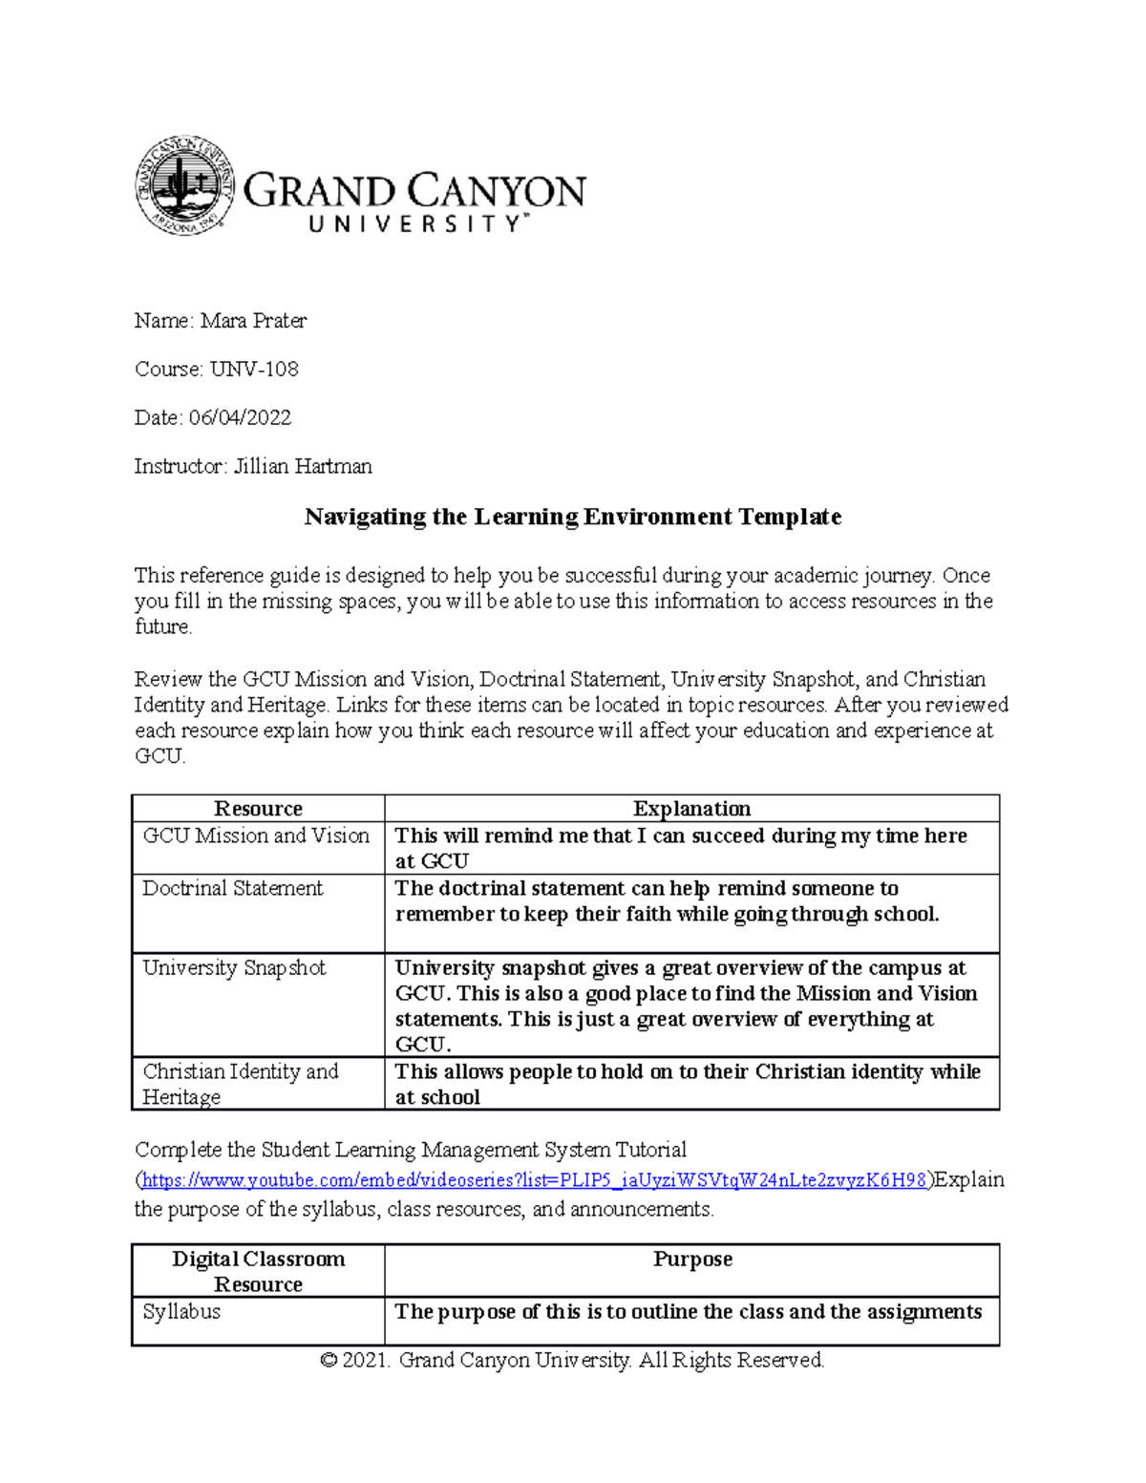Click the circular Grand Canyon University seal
[x=184, y=185]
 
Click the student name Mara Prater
[x=253, y=321]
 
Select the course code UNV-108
[x=254, y=370]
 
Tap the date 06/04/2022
[x=240, y=418]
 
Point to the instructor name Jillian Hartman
[x=303, y=467]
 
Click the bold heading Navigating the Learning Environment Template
[x=572, y=518]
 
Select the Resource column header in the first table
[x=258, y=809]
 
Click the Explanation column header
[x=691, y=809]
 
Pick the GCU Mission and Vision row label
[x=256, y=836]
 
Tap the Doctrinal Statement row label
[x=233, y=888]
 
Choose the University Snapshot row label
[x=234, y=967]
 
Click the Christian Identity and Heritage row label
[x=241, y=1084]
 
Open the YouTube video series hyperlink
[x=534, y=1180]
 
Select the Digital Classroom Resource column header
[x=258, y=1271]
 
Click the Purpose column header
[x=692, y=1260]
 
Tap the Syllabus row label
[x=181, y=1312]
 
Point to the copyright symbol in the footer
[x=329, y=1361]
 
